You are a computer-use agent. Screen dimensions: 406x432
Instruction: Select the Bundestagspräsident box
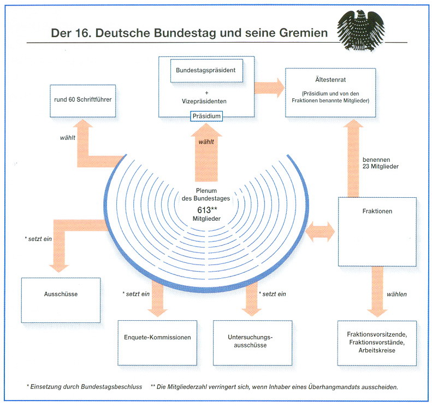point(206,70)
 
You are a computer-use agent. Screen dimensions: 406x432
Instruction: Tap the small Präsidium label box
point(207,116)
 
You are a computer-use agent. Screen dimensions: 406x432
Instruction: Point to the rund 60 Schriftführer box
point(83,99)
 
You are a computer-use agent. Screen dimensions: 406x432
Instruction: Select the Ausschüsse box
point(61,294)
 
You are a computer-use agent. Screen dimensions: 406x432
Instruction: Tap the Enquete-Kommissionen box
point(157,337)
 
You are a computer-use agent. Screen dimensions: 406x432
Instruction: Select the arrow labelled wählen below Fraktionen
point(377,291)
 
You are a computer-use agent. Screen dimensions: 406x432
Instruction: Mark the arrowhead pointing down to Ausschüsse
point(60,265)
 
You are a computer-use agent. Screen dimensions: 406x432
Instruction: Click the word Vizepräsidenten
point(206,102)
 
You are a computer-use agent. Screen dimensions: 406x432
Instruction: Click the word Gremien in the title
point(300,33)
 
